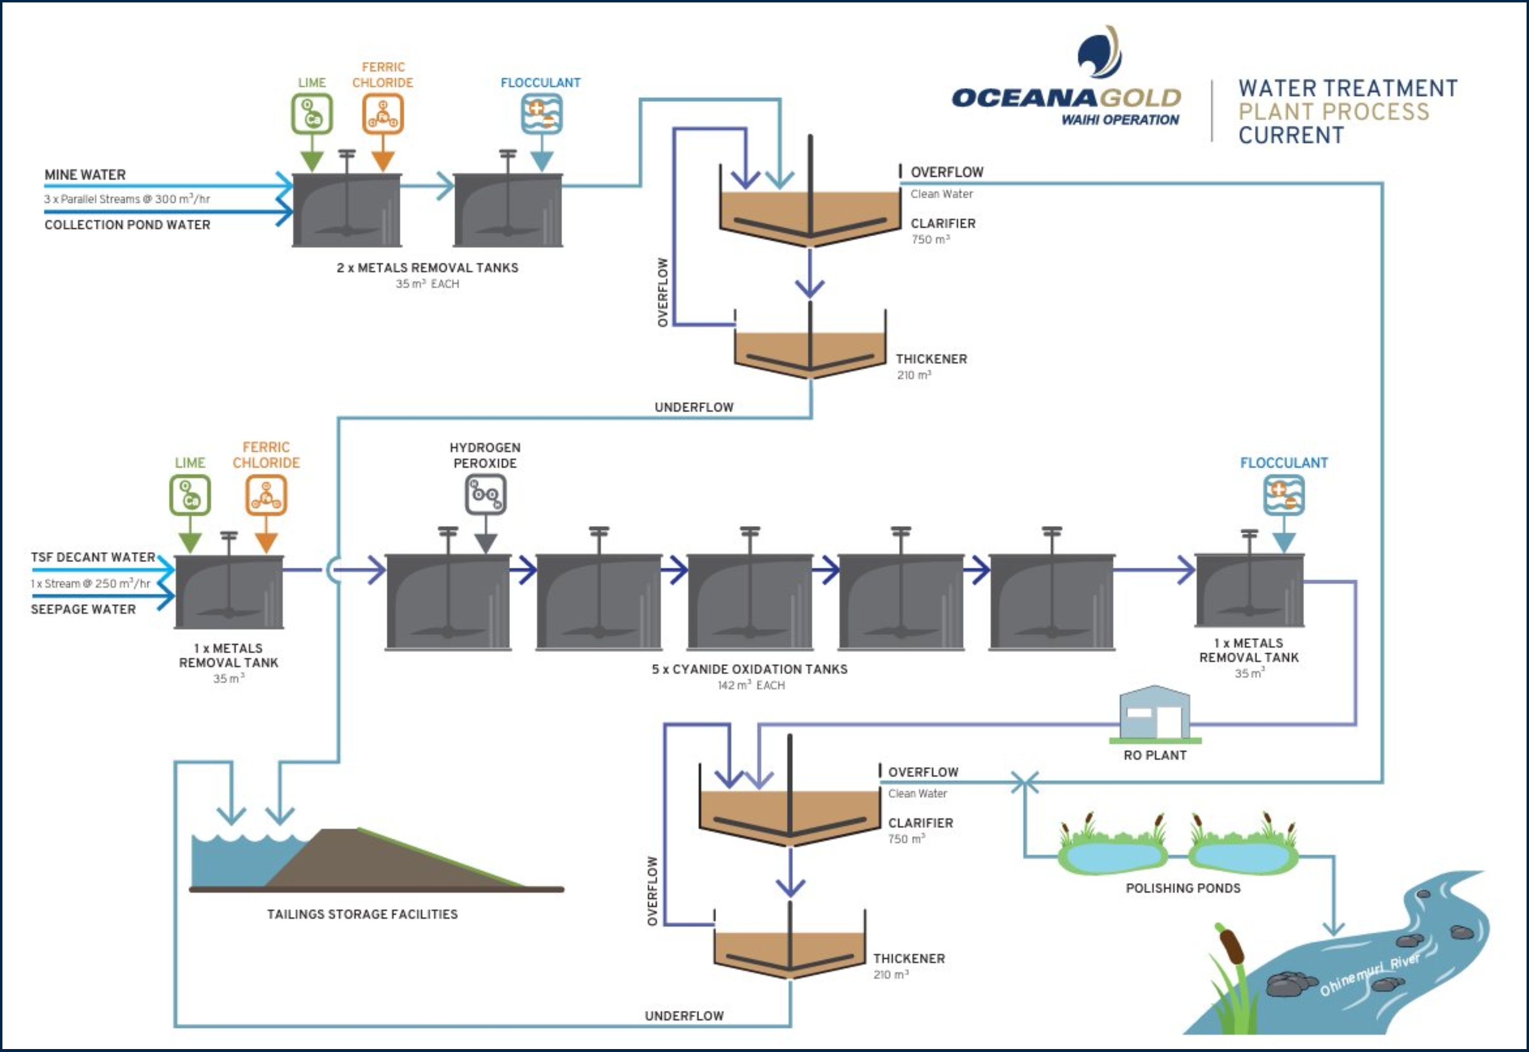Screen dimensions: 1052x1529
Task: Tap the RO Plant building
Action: (1154, 714)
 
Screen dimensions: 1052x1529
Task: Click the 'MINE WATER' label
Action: (85, 175)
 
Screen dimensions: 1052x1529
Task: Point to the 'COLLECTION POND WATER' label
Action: (127, 225)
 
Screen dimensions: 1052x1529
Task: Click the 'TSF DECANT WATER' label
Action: (93, 557)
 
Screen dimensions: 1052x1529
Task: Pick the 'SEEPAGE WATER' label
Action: (83, 609)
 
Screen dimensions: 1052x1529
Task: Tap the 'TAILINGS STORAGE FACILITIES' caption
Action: (362, 914)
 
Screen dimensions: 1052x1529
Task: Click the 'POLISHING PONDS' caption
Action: (1183, 888)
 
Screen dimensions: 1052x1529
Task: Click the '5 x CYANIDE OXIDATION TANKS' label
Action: (750, 669)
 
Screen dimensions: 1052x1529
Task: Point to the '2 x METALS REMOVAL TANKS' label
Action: (427, 268)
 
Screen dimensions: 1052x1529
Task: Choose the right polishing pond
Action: (1243, 856)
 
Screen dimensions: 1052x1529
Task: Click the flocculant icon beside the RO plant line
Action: (1284, 495)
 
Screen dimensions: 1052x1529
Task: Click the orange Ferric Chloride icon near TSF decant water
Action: (266, 495)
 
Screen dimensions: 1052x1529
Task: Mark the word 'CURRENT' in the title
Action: (1290, 135)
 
